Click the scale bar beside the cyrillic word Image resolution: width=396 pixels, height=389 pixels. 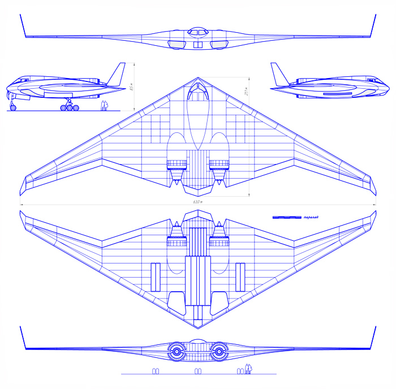tap(287, 217)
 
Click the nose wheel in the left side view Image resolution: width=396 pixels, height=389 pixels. tap(13, 106)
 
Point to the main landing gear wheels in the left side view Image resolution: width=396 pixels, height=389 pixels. tap(68, 106)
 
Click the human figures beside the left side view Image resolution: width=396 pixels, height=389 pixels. tap(104, 106)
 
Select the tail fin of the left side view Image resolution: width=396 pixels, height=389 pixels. tap(118, 74)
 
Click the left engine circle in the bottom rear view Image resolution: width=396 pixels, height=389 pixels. tap(176, 352)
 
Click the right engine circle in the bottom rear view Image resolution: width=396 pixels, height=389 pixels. tap(219, 352)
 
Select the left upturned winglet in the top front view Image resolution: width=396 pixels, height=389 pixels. tap(23, 25)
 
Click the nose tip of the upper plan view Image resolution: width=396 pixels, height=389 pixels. tap(197, 79)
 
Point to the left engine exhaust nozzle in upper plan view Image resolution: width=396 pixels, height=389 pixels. tap(176, 179)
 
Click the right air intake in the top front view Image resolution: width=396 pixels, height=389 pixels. tap(218, 44)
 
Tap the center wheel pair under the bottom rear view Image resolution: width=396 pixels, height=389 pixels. tap(197, 371)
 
